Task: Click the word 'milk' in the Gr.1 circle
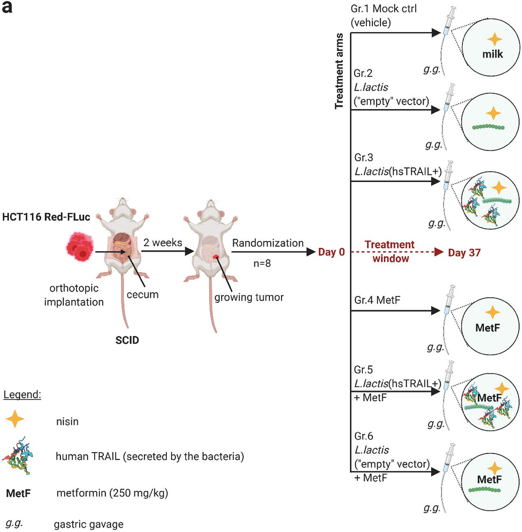492,54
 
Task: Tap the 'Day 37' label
464,253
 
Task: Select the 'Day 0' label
331,252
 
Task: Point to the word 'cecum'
142,294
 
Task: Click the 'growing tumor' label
249,297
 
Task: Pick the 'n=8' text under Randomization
262,263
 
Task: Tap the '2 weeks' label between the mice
163,243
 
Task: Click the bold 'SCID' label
127,340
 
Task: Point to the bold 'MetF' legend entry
18,493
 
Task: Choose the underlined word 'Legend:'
22,395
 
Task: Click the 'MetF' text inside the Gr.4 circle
488,327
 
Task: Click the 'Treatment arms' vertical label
339,71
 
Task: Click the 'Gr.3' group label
364,157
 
